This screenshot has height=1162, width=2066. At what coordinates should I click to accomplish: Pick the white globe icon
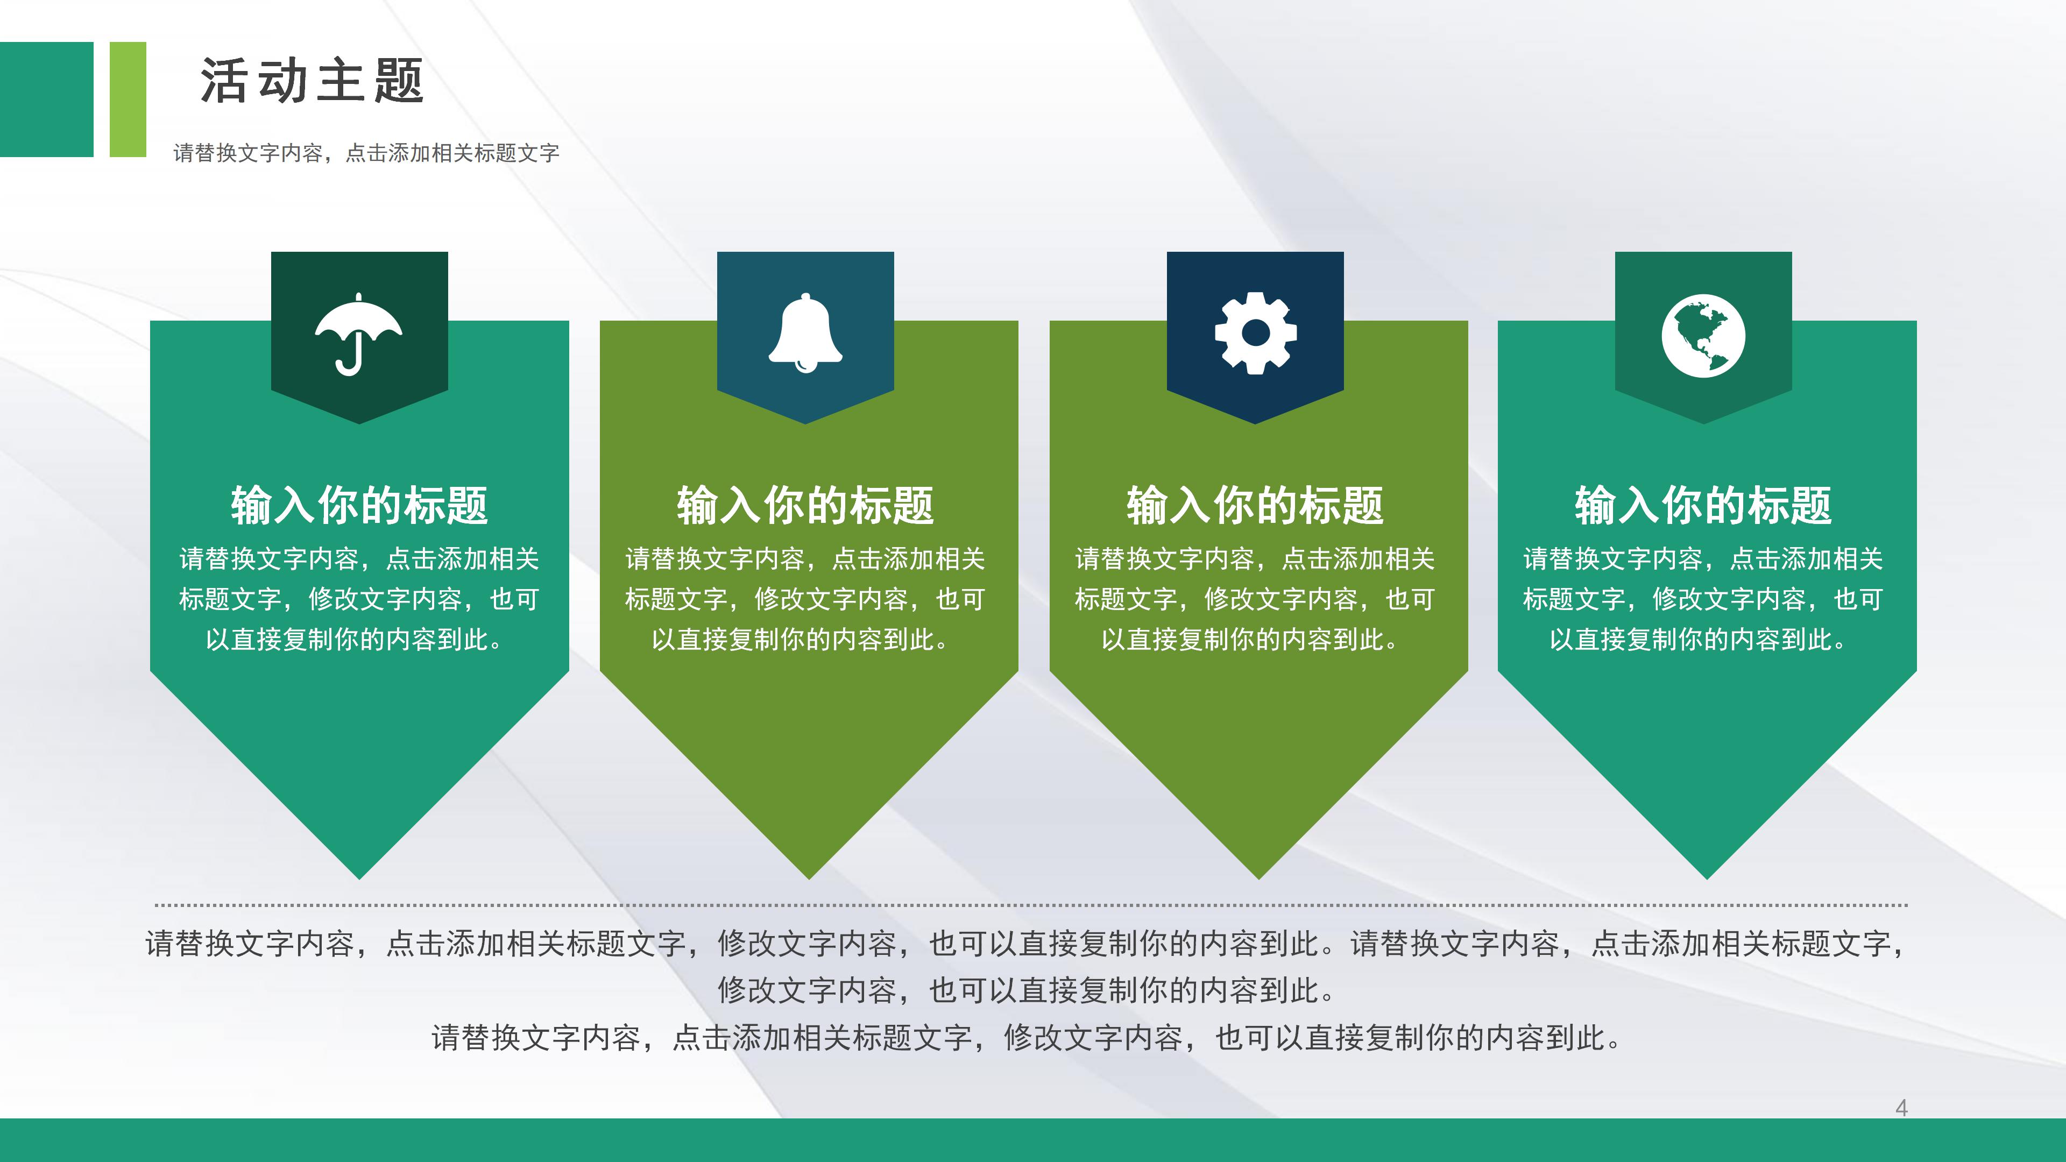coord(1703,335)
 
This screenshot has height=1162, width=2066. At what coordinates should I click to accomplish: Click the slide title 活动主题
coord(312,81)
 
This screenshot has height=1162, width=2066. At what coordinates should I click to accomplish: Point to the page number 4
coord(1901,1108)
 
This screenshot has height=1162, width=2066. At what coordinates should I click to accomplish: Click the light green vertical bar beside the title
coord(128,98)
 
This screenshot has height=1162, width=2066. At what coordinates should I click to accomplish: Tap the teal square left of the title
coord(46,98)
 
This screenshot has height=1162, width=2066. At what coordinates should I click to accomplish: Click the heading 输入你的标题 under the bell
coord(805,505)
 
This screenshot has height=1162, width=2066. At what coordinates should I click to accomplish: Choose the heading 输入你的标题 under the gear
coord(1255,505)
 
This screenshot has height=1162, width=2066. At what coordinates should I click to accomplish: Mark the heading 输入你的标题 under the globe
coord(1703,505)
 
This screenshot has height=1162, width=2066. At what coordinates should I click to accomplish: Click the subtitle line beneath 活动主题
coord(366,152)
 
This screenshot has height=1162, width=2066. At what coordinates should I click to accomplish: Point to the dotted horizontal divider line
coord(1031,904)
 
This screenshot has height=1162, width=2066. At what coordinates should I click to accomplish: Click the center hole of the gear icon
coord(1255,333)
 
